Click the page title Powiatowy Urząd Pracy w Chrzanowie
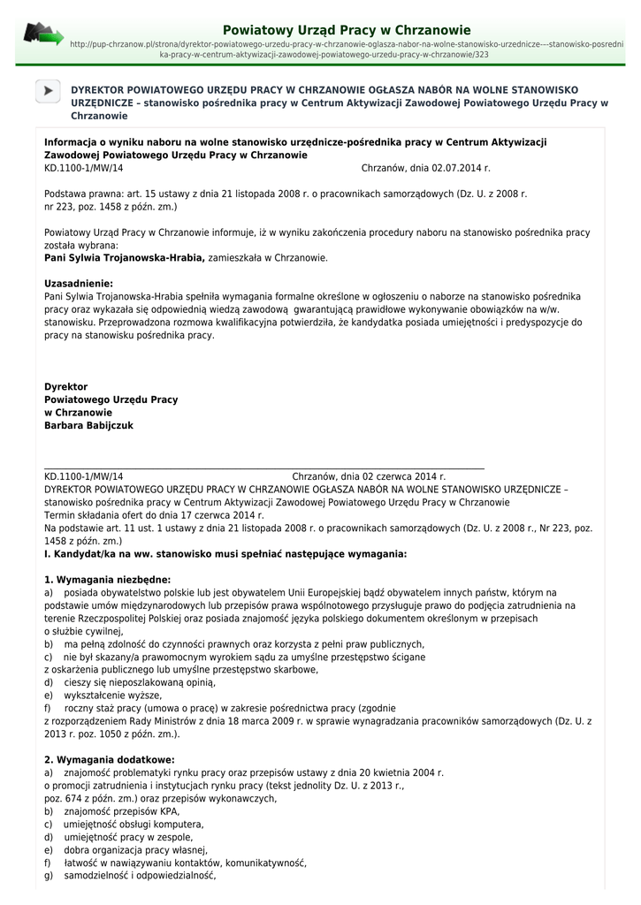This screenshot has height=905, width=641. tap(347, 30)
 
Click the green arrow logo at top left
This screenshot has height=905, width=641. tap(43, 34)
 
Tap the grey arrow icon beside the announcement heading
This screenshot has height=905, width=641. tap(49, 91)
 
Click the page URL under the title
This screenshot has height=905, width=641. tap(346, 49)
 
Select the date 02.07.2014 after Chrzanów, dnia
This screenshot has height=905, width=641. tap(459, 167)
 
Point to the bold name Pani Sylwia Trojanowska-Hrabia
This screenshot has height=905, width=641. tap(125, 258)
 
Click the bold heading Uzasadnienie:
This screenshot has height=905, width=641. tap(85, 284)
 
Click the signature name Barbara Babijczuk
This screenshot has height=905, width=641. tap(88, 425)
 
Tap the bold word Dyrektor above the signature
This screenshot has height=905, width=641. tap(66, 386)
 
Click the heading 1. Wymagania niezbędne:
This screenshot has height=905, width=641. tap(107, 580)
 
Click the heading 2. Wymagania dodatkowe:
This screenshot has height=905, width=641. tap(109, 759)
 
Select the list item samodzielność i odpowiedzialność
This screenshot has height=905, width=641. tap(140, 876)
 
